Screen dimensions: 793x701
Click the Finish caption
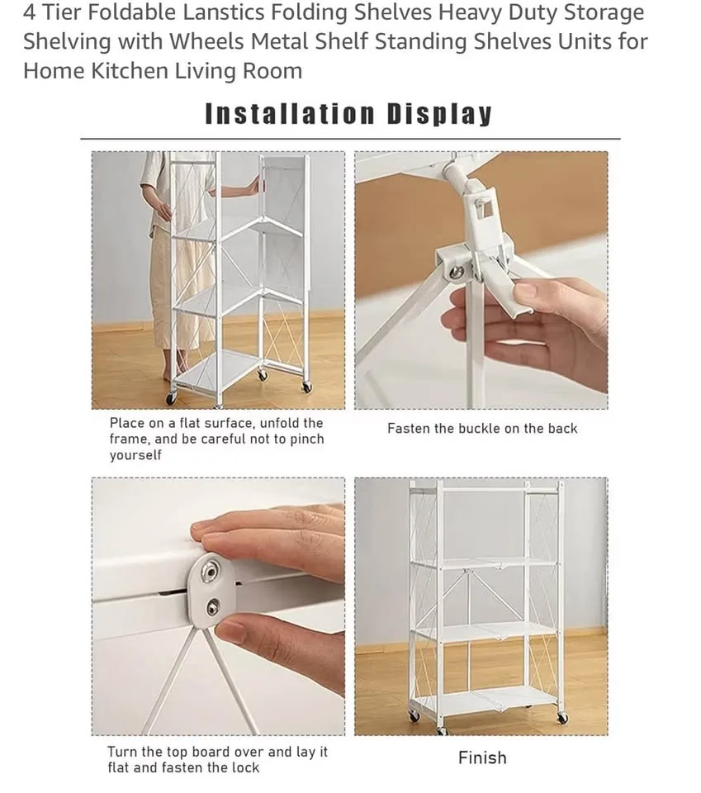coord(482,757)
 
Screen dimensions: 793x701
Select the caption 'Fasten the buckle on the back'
coord(482,428)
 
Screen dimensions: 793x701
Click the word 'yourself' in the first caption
coord(135,455)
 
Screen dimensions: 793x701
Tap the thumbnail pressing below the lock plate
coord(233,632)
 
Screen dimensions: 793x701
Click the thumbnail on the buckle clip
coord(525,290)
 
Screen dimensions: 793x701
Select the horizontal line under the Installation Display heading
coord(350,139)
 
